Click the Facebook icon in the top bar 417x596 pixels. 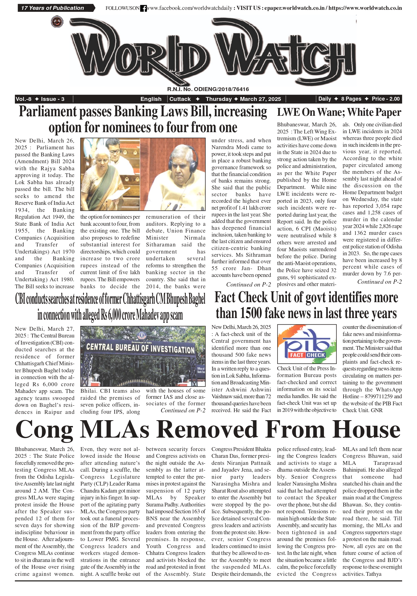click(x=143, y=8)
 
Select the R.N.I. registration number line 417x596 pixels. click(x=208, y=89)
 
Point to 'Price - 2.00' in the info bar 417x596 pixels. click(x=385, y=99)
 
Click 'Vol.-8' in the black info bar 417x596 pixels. click(x=24, y=99)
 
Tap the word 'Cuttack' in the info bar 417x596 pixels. click(x=180, y=99)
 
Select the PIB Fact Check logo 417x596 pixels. click(x=307, y=344)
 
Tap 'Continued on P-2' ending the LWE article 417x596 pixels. click(x=379, y=282)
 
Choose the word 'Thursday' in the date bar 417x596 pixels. click(x=219, y=99)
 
